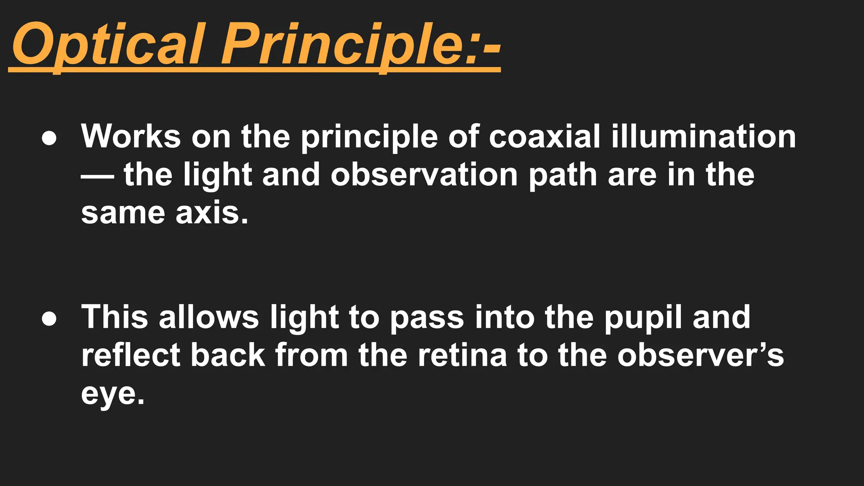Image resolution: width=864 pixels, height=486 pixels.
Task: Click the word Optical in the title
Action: click(108, 45)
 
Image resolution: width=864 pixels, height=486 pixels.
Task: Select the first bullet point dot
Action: click(49, 139)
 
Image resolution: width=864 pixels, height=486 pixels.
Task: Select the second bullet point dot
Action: click(49, 319)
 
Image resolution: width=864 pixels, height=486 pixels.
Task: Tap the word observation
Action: click(424, 175)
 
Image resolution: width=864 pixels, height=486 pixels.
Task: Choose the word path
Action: click(563, 175)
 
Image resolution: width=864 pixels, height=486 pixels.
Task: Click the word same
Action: click(123, 213)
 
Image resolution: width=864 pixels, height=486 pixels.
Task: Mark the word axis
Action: click(211, 213)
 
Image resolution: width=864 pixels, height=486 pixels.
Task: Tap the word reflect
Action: click(131, 355)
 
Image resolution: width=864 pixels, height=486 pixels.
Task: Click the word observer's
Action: click(700, 355)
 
